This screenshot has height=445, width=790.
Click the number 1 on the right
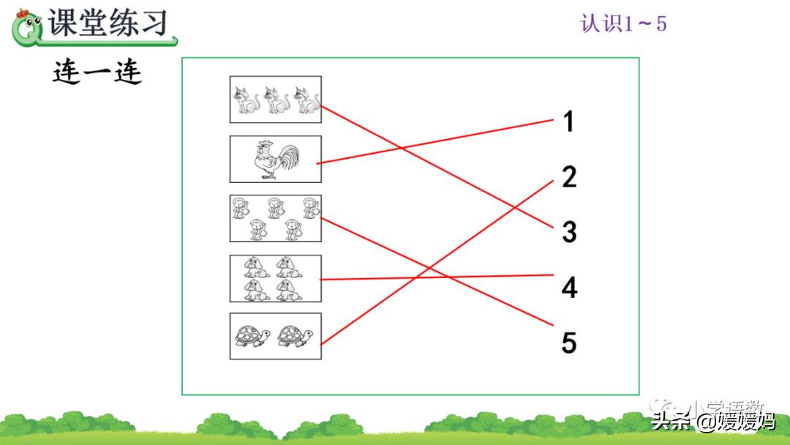pyautogui.click(x=568, y=121)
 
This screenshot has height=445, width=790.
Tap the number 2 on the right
pyautogui.click(x=569, y=176)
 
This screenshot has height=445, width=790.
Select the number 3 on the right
pyautogui.click(x=569, y=232)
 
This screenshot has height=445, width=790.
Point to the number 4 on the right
pyautogui.click(x=569, y=288)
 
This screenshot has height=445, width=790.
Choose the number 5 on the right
pyautogui.click(x=569, y=343)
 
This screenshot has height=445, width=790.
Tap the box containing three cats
pyautogui.click(x=275, y=100)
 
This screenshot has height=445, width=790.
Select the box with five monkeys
pyautogui.click(x=275, y=218)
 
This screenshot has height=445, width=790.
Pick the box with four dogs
pyautogui.click(x=275, y=278)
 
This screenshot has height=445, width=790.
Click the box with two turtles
pyautogui.click(x=275, y=337)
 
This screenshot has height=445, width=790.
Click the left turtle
pyautogui.click(x=252, y=337)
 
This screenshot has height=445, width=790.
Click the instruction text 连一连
pyautogui.click(x=97, y=72)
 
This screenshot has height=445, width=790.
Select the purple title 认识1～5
pyautogui.click(x=623, y=23)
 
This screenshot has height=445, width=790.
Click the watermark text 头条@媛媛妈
pyautogui.click(x=713, y=422)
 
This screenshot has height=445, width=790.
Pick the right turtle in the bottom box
pyautogui.click(x=295, y=337)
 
